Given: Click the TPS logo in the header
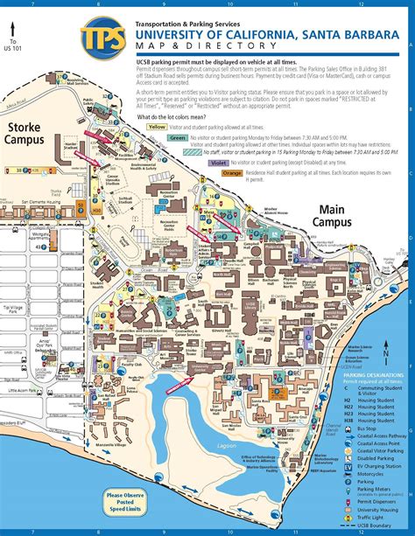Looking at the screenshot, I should (x=102, y=38).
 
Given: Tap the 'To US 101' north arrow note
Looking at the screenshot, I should (x=13, y=46).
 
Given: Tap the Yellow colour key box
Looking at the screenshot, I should (x=158, y=127).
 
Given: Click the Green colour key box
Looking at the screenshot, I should (x=178, y=138).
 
